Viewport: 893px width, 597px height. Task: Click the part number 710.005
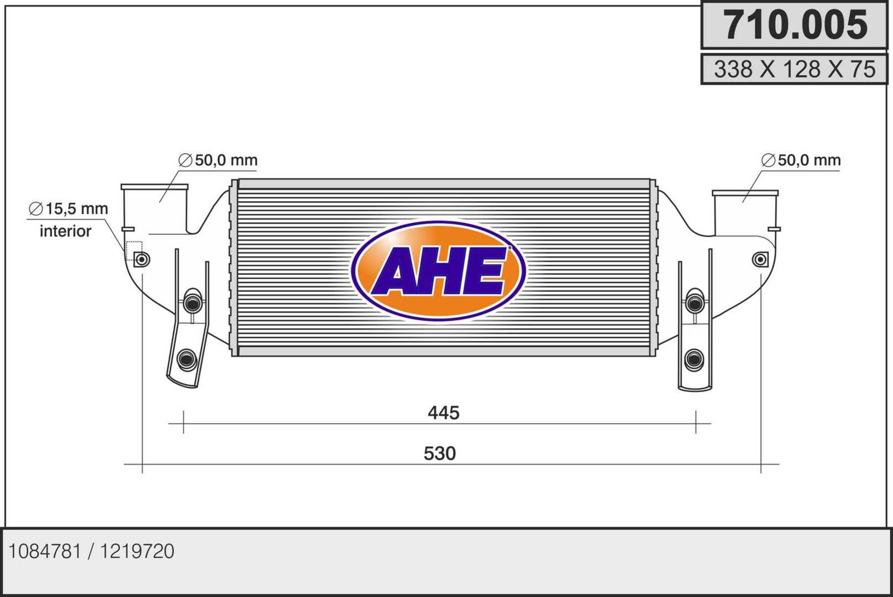[795, 25]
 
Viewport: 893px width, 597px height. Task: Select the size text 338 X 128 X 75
[795, 69]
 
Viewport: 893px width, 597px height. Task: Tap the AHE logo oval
[439, 271]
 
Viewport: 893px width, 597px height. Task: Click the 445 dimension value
[443, 413]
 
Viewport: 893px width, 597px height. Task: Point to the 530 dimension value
[439, 453]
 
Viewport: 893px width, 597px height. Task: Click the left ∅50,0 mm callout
[218, 160]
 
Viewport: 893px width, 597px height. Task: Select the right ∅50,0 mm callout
[801, 160]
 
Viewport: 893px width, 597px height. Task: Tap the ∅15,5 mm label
[69, 208]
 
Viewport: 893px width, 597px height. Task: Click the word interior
[65, 231]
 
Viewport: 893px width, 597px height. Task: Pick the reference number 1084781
[45, 551]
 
